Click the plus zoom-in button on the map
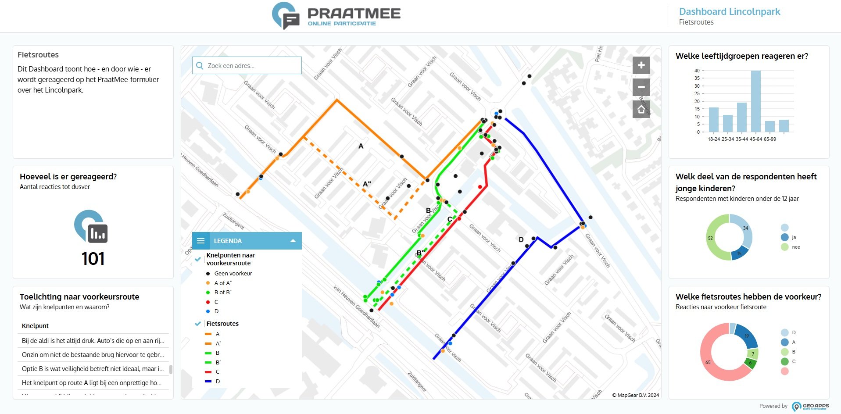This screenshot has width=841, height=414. pyautogui.click(x=641, y=65)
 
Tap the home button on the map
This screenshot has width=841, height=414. pyautogui.click(x=641, y=109)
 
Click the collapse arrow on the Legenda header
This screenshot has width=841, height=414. pyautogui.click(x=293, y=241)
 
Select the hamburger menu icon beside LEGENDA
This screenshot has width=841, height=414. pyautogui.click(x=201, y=241)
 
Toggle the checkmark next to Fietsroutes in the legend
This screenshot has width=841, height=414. pyautogui.click(x=198, y=324)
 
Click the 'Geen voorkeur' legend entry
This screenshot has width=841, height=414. pyautogui.click(x=233, y=273)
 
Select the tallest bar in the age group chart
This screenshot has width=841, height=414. pyautogui.click(x=755, y=101)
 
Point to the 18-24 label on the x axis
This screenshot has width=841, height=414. pyautogui.click(x=713, y=139)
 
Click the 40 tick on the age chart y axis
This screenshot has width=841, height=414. pyautogui.click(x=697, y=71)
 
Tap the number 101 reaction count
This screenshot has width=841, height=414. pyautogui.click(x=93, y=259)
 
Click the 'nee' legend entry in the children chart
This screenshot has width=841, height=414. pyautogui.click(x=796, y=247)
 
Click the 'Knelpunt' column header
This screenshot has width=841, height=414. pyautogui.click(x=36, y=326)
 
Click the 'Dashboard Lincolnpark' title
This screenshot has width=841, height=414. pyautogui.click(x=729, y=12)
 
